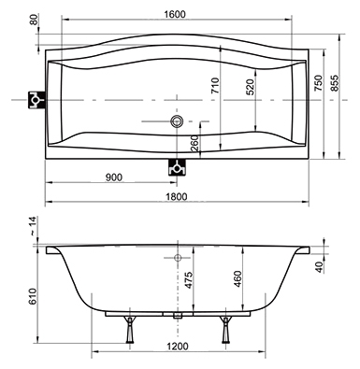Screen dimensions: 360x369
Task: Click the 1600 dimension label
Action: point(175,14)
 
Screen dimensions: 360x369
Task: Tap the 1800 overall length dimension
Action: point(177,197)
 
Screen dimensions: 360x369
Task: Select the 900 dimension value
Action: point(114,177)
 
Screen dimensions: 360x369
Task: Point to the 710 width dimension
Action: point(215,86)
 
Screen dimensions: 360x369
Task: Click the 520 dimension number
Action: point(251,87)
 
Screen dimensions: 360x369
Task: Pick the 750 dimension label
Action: point(318,83)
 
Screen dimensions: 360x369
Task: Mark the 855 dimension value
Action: point(334,83)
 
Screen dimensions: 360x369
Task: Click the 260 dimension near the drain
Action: point(194,144)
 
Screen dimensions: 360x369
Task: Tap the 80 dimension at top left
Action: point(34,20)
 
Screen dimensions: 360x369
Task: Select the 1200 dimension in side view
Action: point(178,347)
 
